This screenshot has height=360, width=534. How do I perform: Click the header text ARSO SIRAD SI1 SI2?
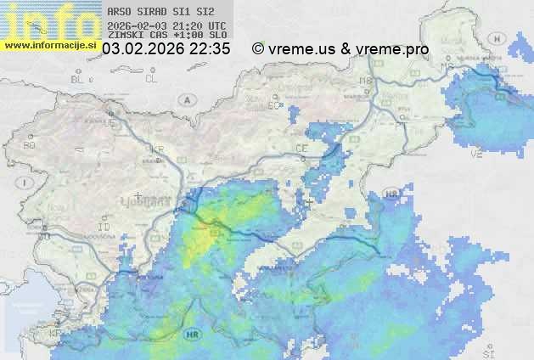155,13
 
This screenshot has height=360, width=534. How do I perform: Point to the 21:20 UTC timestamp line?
167,25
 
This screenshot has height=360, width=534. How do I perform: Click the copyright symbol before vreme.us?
258,49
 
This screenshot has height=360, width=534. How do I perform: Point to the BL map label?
78,79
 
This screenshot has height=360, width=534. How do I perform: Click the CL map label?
152,78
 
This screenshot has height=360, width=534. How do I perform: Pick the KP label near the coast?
55,333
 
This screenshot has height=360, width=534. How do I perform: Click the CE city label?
301,148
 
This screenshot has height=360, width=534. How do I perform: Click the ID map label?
104,228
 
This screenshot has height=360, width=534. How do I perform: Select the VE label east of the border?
476,155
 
